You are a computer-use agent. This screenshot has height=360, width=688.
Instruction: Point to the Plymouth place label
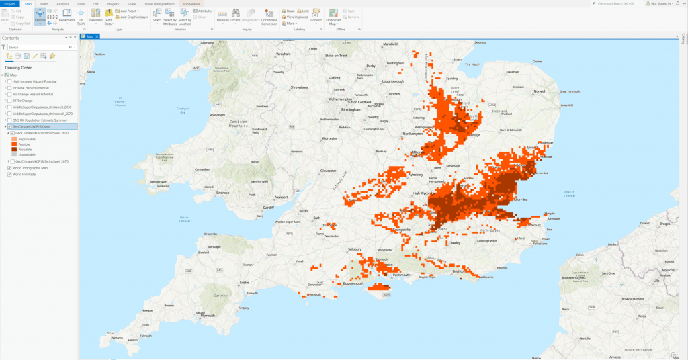point(236,314)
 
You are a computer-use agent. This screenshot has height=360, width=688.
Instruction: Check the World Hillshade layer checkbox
point(9,175)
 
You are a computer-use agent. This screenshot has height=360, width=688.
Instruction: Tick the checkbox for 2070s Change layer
point(9,101)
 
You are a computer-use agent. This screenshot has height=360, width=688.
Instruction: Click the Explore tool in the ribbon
point(40,16)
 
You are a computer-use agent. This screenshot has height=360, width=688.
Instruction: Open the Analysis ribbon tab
point(62,4)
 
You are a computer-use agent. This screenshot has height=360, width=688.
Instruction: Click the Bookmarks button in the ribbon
point(67,16)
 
